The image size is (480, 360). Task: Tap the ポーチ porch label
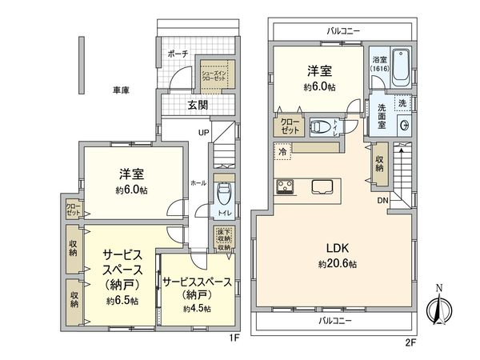click(x=178, y=54)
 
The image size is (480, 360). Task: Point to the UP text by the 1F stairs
click(x=204, y=134)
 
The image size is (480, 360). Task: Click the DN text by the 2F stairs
click(x=383, y=202)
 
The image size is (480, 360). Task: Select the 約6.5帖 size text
click(x=122, y=302)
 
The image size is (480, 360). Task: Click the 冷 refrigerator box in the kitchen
click(x=283, y=150)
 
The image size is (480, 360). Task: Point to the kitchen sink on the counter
click(x=323, y=187)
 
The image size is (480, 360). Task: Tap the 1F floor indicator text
click(x=234, y=338)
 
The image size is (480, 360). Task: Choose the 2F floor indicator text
click(x=410, y=342)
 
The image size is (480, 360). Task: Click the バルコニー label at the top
click(x=343, y=30)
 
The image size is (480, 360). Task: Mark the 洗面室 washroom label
click(x=382, y=117)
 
